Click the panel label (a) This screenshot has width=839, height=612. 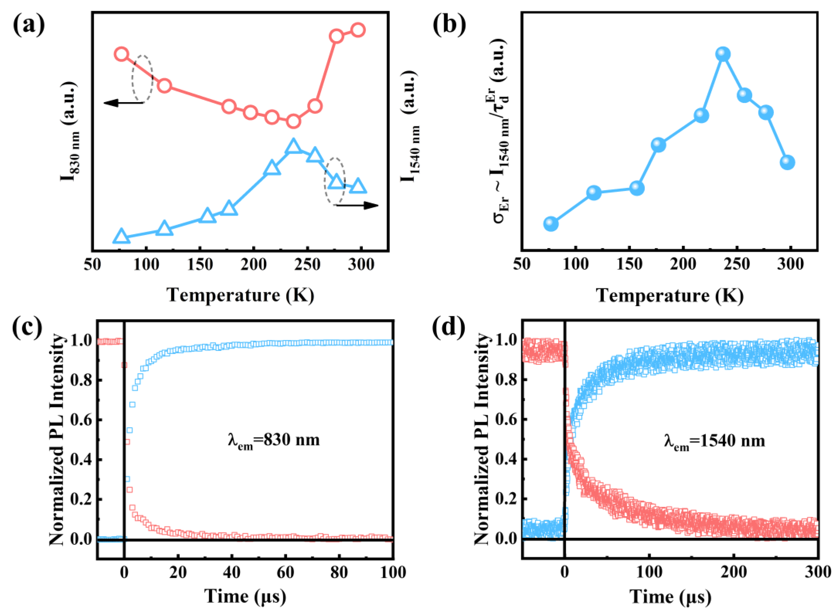29,26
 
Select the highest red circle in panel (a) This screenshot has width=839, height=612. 358,30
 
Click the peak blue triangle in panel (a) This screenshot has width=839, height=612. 293,147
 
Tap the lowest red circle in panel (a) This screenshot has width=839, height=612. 293,121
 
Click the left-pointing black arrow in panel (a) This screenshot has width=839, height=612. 122,103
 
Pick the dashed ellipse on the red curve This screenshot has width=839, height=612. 142,78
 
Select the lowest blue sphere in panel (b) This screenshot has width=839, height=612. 551,223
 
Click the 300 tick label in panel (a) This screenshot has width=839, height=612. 361,264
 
